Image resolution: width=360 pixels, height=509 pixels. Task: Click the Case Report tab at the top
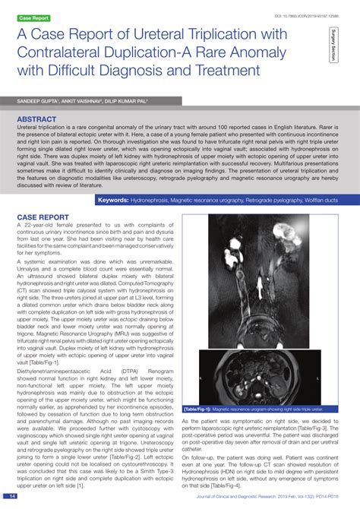(x=34, y=17)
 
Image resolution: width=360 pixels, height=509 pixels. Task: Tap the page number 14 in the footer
(x=13, y=497)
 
